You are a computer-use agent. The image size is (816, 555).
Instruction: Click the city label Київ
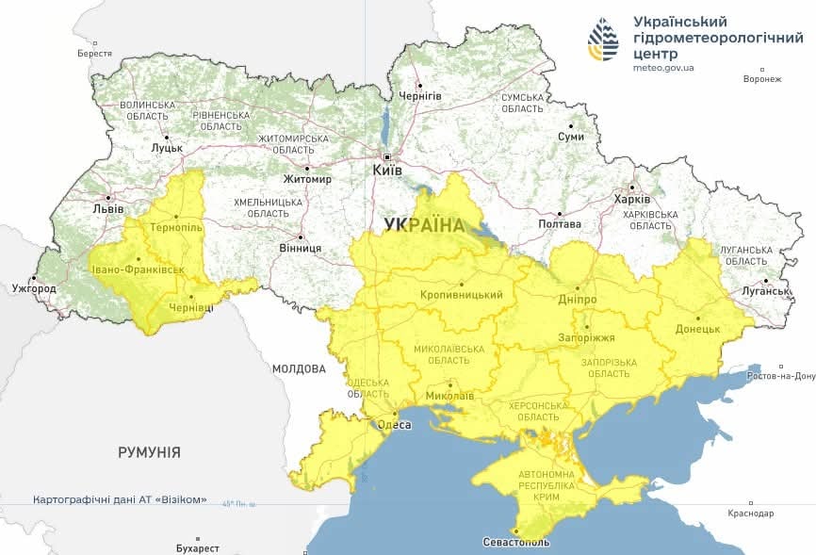(387, 171)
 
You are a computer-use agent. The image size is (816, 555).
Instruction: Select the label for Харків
(631, 199)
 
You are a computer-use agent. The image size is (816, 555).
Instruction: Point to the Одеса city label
(394, 425)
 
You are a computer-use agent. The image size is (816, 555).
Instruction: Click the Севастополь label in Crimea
(514, 543)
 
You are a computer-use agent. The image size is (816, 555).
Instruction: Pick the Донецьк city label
(697, 329)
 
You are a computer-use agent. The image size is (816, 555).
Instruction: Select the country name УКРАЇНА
(424, 225)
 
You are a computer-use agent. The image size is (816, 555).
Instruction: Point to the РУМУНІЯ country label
(149, 452)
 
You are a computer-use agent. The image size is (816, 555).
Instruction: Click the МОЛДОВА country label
(299, 368)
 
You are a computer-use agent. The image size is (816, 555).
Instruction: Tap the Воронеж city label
(762, 78)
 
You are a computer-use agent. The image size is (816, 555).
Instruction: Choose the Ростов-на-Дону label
(779, 376)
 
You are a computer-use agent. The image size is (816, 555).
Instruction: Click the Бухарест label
(197, 547)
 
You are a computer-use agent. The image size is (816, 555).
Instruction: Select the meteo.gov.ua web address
(663, 69)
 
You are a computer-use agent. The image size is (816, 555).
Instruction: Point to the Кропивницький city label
(462, 295)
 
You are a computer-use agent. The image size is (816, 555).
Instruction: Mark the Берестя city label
(94, 55)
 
